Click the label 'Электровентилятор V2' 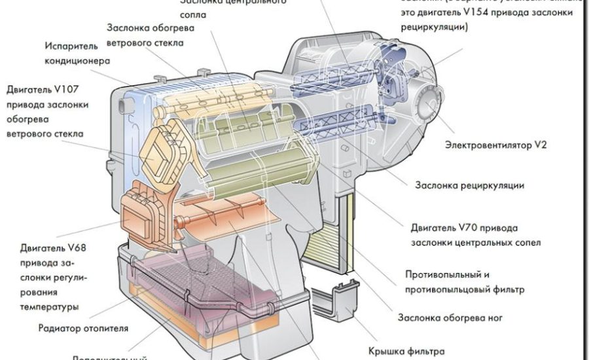coord(495,144)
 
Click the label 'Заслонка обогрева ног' coord(444,318)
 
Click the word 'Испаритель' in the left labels coord(71,46)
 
